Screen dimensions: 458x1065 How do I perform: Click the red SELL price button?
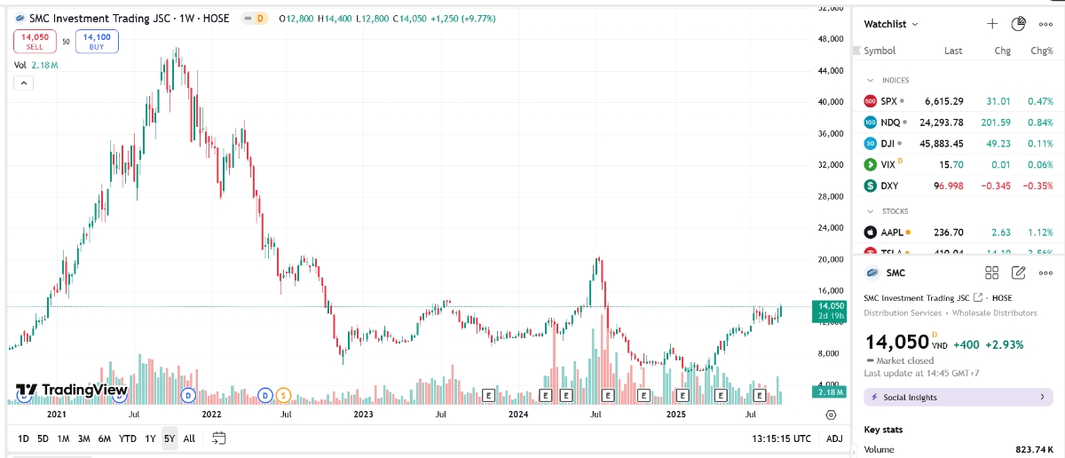click(35, 41)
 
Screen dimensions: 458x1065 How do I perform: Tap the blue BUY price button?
click(97, 41)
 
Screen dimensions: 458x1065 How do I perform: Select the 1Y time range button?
click(151, 438)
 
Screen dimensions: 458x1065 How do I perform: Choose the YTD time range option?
click(128, 438)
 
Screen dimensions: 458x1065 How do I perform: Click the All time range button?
click(189, 438)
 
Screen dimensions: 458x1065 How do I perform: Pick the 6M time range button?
click(104, 438)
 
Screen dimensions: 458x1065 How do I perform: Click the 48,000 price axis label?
click(831, 39)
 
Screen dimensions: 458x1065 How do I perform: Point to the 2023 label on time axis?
click(363, 415)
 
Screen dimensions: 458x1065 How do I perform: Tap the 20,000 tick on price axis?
click(831, 259)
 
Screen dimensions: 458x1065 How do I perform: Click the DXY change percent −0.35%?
click(1037, 186)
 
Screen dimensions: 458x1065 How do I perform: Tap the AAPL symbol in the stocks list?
click(892, 233)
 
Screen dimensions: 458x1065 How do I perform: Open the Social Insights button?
click(958, 398)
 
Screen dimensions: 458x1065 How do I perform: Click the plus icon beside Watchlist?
click(992, 24)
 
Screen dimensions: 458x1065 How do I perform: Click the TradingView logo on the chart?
click(72, 391)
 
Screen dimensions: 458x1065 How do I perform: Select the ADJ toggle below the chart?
click(834, 438)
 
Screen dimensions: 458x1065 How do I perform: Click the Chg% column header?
click(1041, 51)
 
